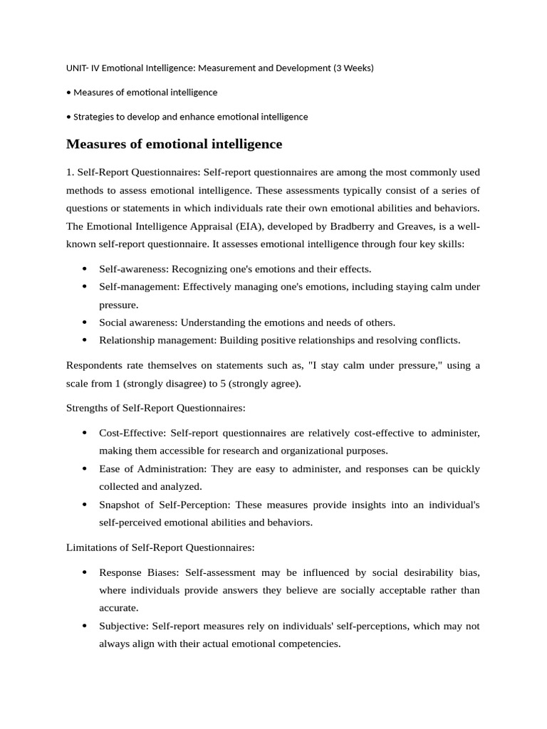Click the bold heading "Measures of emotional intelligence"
tap(174, 145)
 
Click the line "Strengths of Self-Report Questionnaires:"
tap(155, 408)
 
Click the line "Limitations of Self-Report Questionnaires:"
tap(160, 547)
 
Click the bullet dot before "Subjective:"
tap(84, 626)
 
